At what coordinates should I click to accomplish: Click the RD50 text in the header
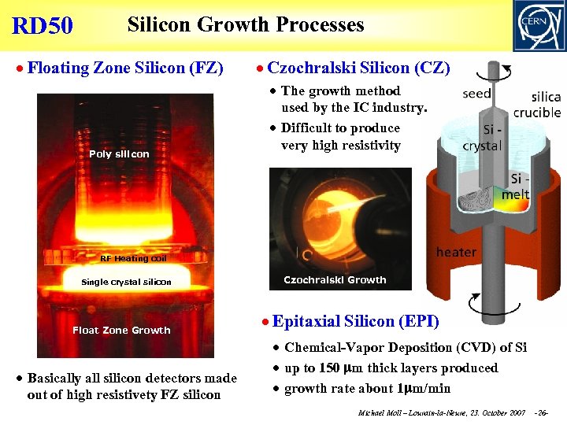pyautogui.click(x=43, y=26)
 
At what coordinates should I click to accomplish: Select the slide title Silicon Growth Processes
pyautogui.click(x=246, y=24)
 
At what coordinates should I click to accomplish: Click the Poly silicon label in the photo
pyautogui.click(x=119, y=154)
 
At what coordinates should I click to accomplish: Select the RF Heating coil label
pyautogui.click(x=133, y=258)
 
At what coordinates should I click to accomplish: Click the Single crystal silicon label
pyautogui.click(x=126, y=282)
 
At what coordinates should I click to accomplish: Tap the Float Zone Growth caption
pyautogui.click(x=121, y=331)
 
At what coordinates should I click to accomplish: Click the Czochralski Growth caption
pyautogui.click(x=335, y=279)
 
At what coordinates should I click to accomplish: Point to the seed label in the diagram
pyautogui.click(x=476, y=93)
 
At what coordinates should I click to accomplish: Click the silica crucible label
pyautogui.click(x=535, y=104)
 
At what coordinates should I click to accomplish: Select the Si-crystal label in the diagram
pyautogui.click(x=481, y=139)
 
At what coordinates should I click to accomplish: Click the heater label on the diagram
pyautogui.click(x=456, y=252)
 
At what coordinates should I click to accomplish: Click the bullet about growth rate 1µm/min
pyautogui.click(x=367, y=388)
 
